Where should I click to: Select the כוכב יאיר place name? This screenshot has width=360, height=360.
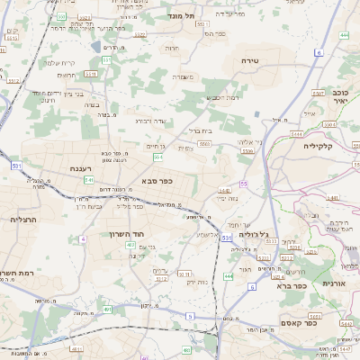coord(340,96)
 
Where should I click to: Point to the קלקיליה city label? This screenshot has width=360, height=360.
coord(319,145)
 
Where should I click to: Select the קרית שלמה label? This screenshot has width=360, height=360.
coord(59,62)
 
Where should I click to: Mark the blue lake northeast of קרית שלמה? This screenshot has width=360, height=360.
coord(96,46)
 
